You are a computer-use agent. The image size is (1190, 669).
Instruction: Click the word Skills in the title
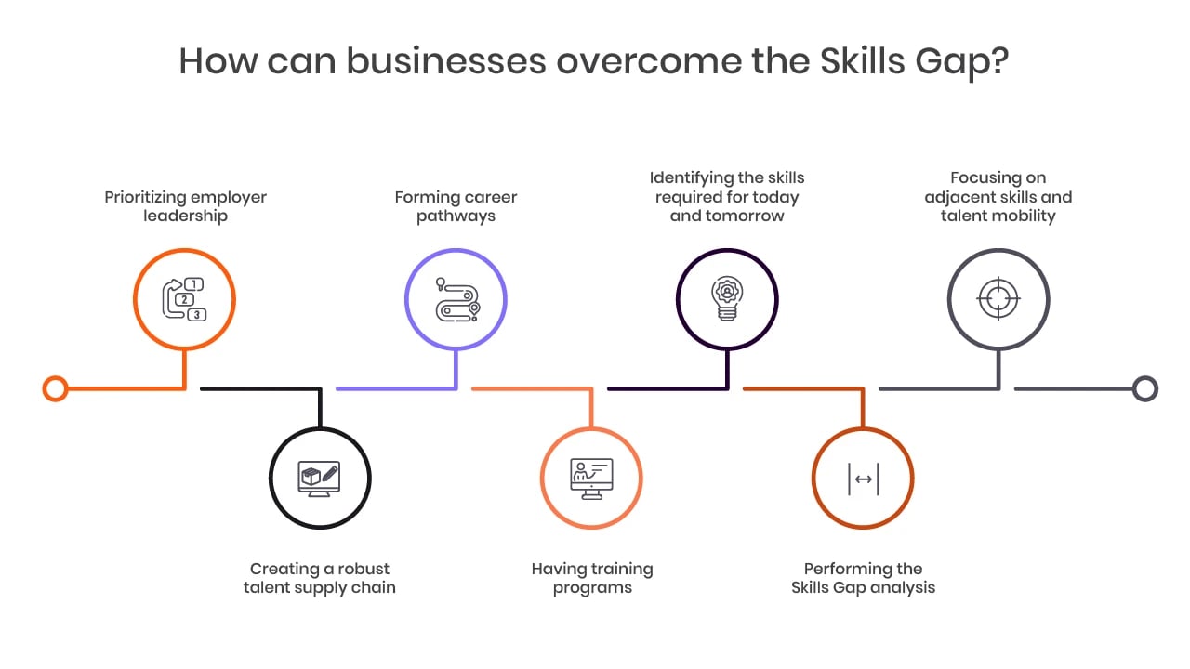click(862, 61)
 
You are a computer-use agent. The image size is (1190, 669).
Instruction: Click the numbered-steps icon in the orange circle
click(184, 299)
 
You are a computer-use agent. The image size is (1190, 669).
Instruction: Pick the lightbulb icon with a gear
click(727, 298)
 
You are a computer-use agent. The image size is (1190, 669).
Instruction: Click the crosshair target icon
click(998, 298)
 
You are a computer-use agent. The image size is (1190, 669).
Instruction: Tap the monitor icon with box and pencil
click(319, 479)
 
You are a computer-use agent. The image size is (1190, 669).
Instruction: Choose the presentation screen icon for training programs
click(591, 479)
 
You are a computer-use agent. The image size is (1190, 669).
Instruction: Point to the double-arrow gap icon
click(864, 479)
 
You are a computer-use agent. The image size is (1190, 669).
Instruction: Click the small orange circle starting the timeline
click(55, 388)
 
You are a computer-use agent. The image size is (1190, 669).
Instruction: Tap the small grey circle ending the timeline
click(1145, 388)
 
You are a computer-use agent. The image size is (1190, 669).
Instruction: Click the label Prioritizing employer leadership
click(185, 206)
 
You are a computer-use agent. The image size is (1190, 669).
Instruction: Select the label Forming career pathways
click(456, 206)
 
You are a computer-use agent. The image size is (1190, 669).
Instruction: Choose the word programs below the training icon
click(592, 589)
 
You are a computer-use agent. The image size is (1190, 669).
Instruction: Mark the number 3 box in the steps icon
click(197, 315)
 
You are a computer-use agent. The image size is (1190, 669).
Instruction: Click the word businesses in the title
click(446, 61)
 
